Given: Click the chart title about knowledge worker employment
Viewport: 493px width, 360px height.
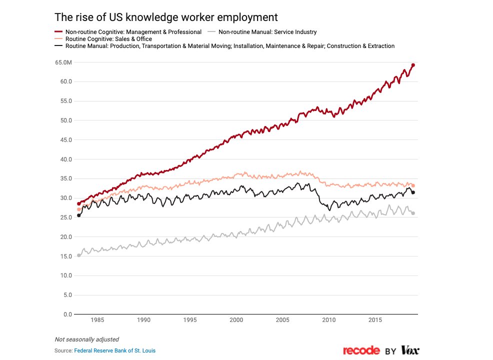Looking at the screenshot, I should (165, 17).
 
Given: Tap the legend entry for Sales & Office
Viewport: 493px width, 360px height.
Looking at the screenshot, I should (108, 39).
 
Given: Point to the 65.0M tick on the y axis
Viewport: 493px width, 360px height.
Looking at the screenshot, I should (64, 62).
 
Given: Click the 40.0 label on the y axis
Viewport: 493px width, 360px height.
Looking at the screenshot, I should (66, 159).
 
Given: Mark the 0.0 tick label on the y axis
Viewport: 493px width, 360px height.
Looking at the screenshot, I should (68, 314).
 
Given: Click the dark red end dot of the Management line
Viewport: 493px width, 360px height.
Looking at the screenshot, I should (413, 65).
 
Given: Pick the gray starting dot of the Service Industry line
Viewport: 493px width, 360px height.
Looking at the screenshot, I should (78, 255).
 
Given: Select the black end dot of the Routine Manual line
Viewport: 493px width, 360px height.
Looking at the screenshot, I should (413, 192).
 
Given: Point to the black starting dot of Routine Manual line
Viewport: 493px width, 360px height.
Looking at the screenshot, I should (78, 215).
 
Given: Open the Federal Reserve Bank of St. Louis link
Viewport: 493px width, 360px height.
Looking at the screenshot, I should (114, 351).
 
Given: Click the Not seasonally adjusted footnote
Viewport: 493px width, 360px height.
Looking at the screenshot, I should (86, 339).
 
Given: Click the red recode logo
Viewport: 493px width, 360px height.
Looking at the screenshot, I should (361, 350).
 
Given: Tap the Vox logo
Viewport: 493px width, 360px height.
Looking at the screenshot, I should (409, 350).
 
